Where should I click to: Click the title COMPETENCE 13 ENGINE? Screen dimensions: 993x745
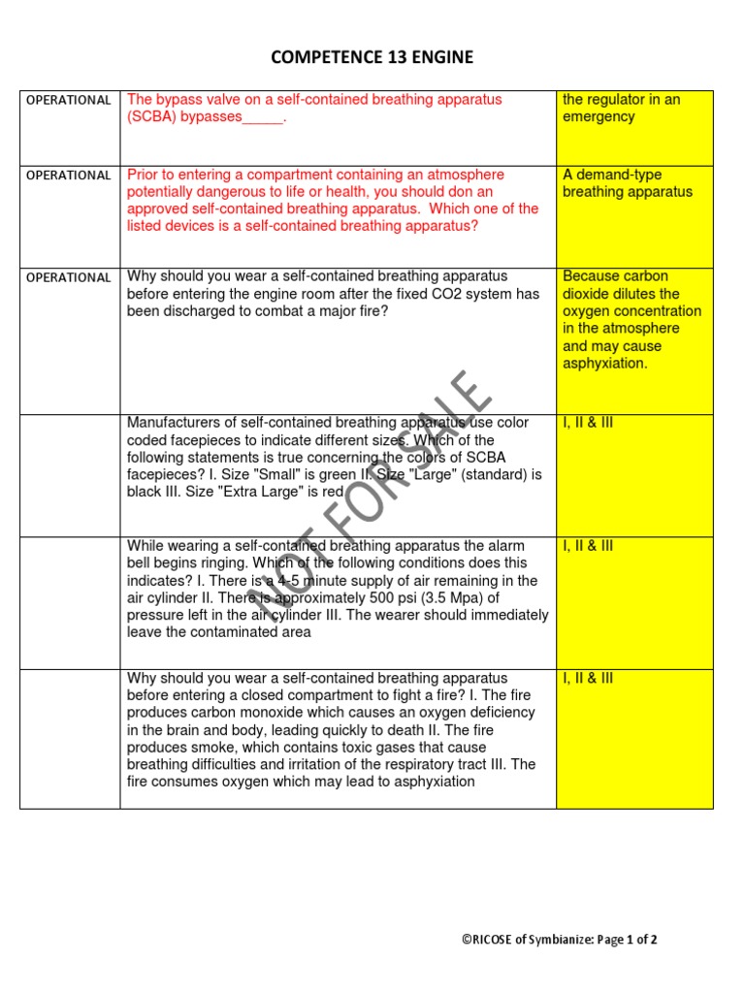pos(372,58)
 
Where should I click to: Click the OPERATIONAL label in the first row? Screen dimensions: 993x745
pos(68,100)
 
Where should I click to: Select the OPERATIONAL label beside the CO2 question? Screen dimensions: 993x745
pos(68,277)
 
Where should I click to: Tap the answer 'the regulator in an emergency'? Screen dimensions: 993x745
pos(621,108)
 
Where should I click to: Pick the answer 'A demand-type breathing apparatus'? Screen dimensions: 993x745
pos(627,183)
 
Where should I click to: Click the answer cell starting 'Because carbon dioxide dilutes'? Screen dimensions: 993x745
pos(632,320)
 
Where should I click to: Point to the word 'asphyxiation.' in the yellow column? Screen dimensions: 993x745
pos(604,364)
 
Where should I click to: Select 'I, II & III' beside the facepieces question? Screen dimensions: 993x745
pos(588,423)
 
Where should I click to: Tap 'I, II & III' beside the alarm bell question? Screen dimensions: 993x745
pos(588,546)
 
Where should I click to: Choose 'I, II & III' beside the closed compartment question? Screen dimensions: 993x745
pos(588,679)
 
